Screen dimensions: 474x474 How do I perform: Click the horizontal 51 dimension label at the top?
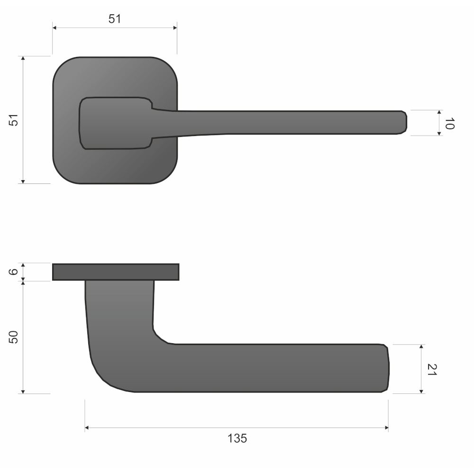click(115, 19)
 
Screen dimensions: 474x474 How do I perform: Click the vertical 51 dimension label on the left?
click(14, 120)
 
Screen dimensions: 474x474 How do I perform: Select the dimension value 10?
click(449, 123)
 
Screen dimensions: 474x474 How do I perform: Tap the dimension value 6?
click(13, 272)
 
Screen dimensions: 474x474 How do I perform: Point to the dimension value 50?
click(13, 337)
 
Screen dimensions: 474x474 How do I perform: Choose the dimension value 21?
click(432, 369)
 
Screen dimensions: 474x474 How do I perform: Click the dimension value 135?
click(237, 438)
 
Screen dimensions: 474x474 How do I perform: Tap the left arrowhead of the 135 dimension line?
click(86, 428)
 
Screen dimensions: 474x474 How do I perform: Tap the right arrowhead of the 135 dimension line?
click(386, 428)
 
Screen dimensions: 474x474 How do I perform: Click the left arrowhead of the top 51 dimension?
click(55, 28)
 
